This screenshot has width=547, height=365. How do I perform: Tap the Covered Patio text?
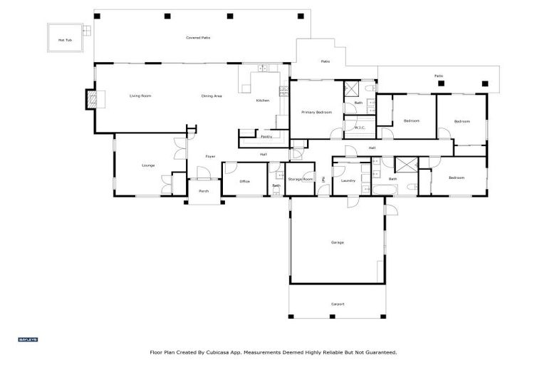point(198,37)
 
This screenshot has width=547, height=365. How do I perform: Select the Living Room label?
point(140,96)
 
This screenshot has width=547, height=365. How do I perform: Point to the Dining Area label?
point(212,96)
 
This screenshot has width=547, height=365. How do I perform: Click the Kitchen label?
point(263,101)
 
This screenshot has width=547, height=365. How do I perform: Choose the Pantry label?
point(266,136)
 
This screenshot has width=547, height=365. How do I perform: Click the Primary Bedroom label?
point(316,112)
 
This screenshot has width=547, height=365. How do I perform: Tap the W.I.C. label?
point(359,128)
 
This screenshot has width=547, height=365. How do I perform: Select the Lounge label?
point(148,165)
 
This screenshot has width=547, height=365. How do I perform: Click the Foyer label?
point(210,156)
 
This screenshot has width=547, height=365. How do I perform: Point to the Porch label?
point(204,191)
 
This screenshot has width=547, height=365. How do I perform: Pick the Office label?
point(244,181)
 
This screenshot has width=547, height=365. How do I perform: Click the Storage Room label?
point(301,179)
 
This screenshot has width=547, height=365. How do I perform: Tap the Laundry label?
point(348,180)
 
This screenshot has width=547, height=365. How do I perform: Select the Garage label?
point(337,242)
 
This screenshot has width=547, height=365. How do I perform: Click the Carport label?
point(338,304)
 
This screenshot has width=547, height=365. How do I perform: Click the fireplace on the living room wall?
point(90,99)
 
